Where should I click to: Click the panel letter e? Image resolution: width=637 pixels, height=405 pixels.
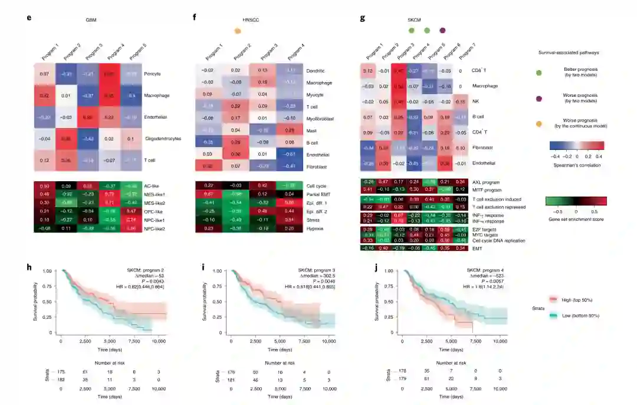coord(29,18)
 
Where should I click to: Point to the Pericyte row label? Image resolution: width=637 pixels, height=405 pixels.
coord(153,74)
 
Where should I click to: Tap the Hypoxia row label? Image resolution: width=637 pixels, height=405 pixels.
coord(316,227)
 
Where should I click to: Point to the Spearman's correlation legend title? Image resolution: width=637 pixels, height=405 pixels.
coord(577,165)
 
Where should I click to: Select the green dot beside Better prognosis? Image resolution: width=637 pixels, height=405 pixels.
coord(539,73)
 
